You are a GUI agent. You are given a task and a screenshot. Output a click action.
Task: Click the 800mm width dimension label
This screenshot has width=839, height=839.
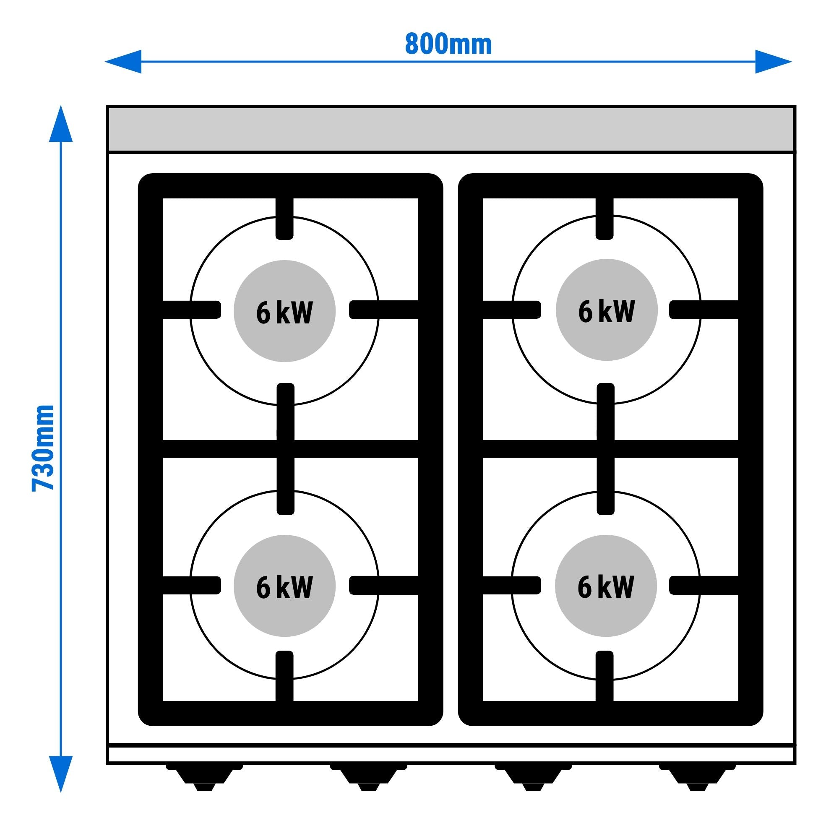[448, 44]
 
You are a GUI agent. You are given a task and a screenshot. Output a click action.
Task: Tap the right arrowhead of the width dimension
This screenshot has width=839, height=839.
[773, 62]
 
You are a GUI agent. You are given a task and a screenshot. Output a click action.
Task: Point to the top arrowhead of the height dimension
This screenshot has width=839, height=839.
[60, 125]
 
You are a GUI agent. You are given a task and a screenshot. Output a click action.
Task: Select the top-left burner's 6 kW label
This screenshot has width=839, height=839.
[284, 312]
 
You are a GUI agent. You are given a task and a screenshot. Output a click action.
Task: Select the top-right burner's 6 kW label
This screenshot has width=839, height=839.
[606, 311]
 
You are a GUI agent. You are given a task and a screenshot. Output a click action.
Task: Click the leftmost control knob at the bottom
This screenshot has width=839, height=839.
[204, 776]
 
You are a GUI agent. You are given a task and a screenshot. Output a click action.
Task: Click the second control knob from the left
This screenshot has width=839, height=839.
[368, 776]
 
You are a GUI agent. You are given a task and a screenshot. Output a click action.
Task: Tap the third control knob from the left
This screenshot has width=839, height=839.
[533, 776]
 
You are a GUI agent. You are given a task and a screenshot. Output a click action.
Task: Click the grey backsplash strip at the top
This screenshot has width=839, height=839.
[451, 129]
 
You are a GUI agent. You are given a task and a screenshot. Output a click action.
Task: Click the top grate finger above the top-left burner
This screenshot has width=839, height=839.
[284, 219]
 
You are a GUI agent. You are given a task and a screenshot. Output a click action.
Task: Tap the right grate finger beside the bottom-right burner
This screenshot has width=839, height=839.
[704, 585]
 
